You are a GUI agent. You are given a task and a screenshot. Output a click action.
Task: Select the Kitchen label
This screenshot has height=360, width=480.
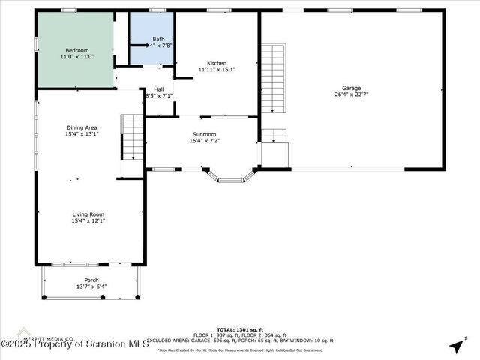217,64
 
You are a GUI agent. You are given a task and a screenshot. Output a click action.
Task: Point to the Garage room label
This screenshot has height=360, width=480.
351,88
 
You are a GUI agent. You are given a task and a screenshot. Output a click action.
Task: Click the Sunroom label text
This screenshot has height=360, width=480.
204,135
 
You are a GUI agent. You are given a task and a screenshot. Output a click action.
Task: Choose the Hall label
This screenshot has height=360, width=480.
159,89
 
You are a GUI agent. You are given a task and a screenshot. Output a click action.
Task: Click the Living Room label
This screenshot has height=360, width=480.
88,214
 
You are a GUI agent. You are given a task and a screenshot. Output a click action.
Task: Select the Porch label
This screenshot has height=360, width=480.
91,280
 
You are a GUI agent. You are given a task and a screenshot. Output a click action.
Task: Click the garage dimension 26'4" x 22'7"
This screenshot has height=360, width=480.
351,94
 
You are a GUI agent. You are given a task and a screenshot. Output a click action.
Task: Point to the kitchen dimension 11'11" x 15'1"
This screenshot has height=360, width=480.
217,70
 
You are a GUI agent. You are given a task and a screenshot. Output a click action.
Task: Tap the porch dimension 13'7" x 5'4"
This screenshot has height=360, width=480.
91,286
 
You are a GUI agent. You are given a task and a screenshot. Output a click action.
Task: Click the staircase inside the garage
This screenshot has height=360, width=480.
274,78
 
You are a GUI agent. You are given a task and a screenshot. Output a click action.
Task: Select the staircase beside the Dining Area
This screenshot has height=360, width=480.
132,136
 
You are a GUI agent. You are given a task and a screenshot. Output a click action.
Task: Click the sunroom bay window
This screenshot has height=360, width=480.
230,177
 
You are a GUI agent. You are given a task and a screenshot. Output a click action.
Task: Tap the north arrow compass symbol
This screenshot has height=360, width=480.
455,345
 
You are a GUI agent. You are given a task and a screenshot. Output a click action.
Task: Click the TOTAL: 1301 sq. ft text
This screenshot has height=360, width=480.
237,329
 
